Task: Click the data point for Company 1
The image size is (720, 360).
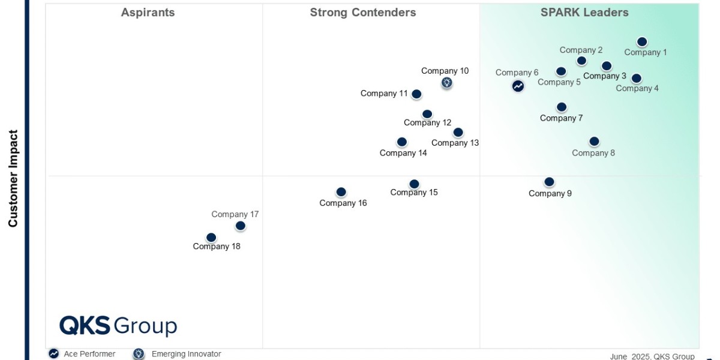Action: pos(642,42)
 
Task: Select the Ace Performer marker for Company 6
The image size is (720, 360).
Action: pos(518,86)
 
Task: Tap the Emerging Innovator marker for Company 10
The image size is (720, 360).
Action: pos(446,83)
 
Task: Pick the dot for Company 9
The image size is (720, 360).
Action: pos(549,182)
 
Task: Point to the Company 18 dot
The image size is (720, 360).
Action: pos(211,238)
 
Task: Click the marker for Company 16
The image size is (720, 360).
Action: pos(341,192)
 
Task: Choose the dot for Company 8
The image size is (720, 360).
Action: pos(594,142)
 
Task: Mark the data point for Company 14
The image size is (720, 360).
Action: pos(402,142)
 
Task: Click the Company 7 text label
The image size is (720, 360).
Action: pos(561,118)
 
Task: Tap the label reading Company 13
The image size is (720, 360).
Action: pos(455,143)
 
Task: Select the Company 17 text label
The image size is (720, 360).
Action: pos(235,214)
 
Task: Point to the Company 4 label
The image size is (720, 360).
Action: pos(637,88)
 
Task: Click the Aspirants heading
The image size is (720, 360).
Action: pos(148,13)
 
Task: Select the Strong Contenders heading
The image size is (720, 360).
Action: pos(363,13)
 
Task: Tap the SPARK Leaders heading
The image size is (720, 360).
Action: pos(584,13)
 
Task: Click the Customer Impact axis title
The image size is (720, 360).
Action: pos(13,178)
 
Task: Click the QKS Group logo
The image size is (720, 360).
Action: pos(118,326)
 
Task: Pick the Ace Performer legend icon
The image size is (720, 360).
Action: pos(53,353)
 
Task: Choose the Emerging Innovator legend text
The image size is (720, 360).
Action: pos(187,354)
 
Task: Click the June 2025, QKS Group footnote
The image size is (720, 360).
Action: pos(652,356)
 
